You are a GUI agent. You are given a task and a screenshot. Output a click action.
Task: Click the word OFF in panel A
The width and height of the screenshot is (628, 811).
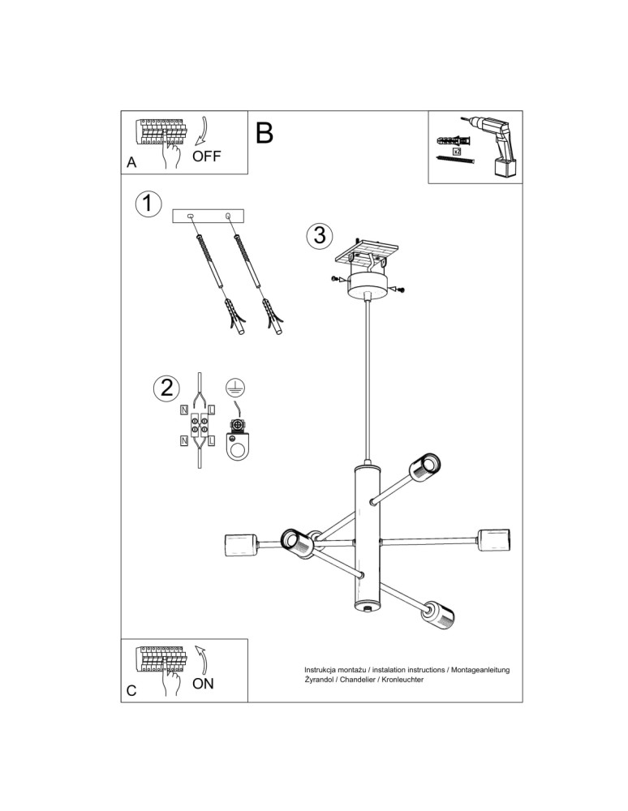[x=207, y=157]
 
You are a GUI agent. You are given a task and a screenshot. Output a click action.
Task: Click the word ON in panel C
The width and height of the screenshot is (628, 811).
[x=204, y=683]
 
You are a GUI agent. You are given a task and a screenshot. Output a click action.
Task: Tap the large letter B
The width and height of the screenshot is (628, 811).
[x=265, y=132]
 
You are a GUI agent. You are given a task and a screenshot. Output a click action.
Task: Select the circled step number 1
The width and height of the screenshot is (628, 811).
[x=147, y=204]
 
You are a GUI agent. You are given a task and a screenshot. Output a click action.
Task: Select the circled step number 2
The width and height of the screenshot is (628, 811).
[x=166, y=388]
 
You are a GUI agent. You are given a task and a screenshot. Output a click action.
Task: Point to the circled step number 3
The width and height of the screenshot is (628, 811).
[x=320, y=235]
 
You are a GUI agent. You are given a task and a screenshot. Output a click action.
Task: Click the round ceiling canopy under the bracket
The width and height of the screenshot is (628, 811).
[x=369, y=285]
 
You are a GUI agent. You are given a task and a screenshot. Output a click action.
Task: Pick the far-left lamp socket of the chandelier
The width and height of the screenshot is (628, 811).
[x=240, y=544]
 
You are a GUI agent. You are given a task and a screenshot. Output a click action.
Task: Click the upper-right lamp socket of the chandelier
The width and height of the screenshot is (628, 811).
[x=424, y=466]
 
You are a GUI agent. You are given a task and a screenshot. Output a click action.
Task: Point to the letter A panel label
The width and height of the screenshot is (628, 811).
[x=131, y=162]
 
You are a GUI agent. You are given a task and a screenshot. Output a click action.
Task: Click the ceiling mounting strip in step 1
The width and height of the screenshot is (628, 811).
[x=209, y=217]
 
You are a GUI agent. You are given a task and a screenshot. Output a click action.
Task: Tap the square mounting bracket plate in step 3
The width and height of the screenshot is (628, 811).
[x=371, y=251]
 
